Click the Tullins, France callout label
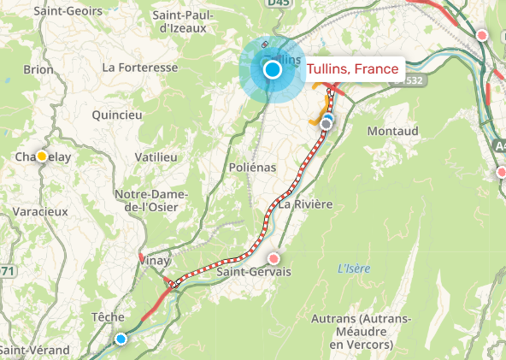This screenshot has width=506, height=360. click(x=352, y=69)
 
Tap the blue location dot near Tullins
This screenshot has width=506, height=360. click(x=273, y=70)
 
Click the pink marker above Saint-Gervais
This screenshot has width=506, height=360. click(x=274, y=258)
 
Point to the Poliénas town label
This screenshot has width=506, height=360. click(x=253, y=168)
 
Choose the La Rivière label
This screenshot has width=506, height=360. click(x=303, y=205)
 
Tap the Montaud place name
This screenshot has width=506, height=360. click(x=392, y=131)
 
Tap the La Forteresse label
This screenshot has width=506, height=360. click(x=139, y=67)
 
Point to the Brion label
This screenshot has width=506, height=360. click(x=38, y=69)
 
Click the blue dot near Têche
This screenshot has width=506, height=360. click(x=121, y=339)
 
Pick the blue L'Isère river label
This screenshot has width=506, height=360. click(x=353, y=269)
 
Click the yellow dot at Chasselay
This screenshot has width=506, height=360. click(x=41, y=156)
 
